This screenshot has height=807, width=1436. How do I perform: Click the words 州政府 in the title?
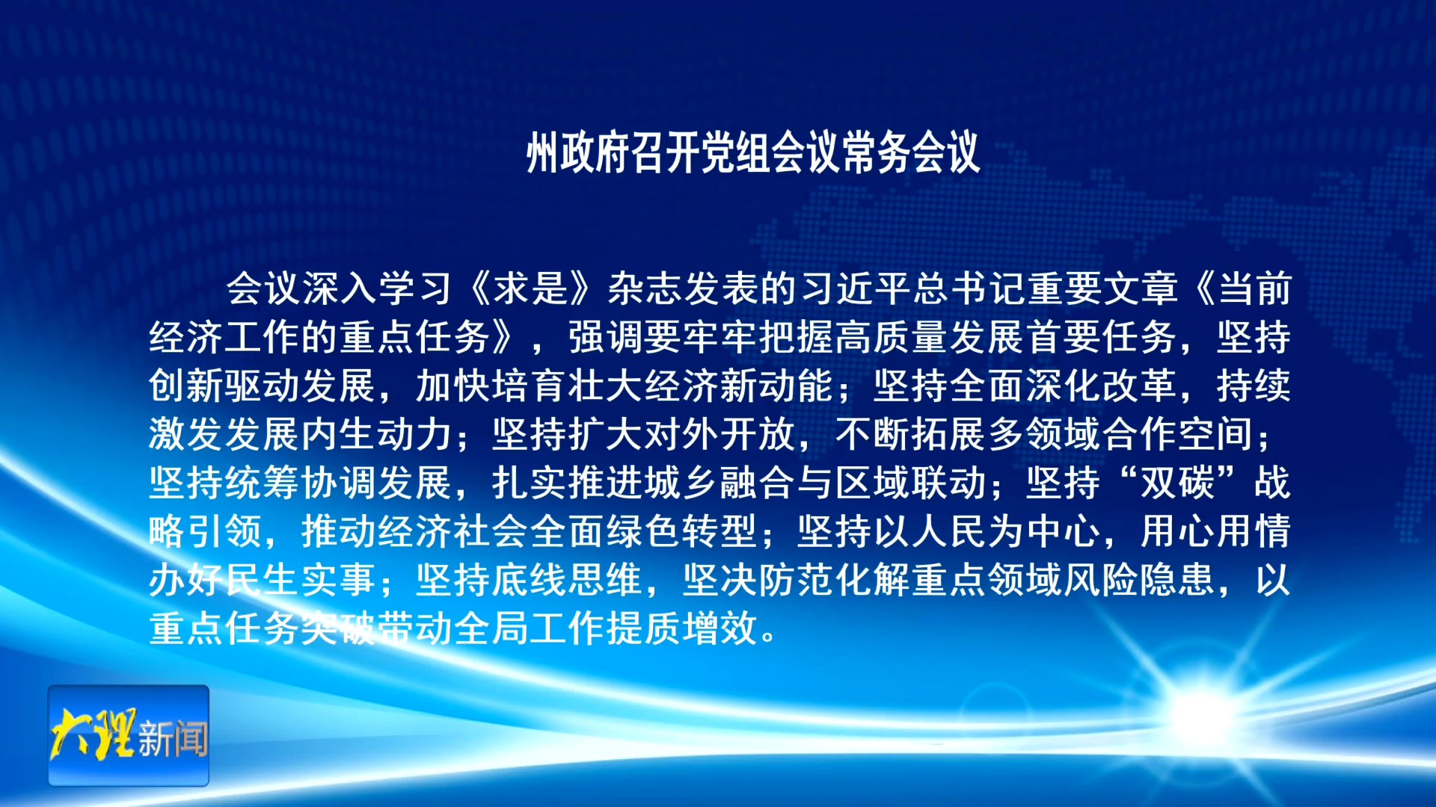click(x=579, y=153)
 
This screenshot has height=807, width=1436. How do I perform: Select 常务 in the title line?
click(x=875, y=153)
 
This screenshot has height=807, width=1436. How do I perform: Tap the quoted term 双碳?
click(x=1177, y=483)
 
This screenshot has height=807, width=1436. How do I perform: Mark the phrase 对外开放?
click(x=722, y=434)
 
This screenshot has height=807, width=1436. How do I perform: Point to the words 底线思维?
click(x=568, y=580)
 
